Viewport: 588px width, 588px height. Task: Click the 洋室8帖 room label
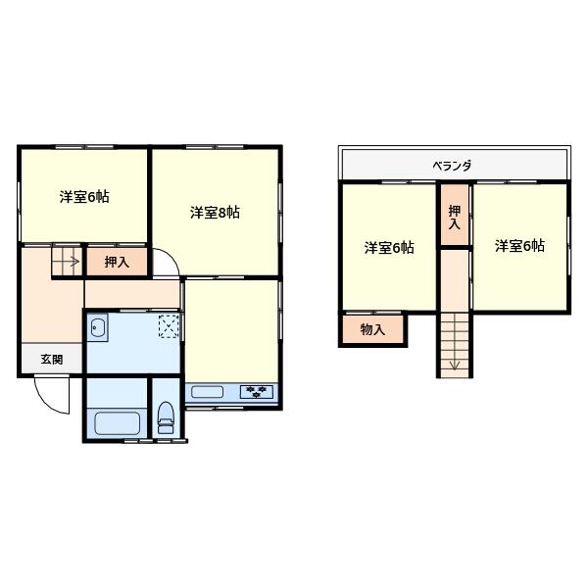pyautogui.click(x=216, y=212)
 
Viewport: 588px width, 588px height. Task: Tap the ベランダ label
pyautogui.click(x=452, y=166)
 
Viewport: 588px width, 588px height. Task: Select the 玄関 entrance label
pyautogui.click(x=51, y=360)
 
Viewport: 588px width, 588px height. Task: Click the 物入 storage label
pyautogui.click(x=372, y=330)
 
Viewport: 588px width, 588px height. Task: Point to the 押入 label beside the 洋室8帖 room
pyautogui.click(x=117, y=262)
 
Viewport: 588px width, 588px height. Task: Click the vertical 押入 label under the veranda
pyautogui.click(x=454, y=217)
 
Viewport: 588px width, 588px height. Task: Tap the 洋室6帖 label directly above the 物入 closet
pyautogui.click(x=389, y=247)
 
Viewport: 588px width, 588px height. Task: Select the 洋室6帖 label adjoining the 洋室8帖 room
pyautogui.click(x=83, y=196)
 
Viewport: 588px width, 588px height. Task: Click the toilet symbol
pyautogui.click(x=166, y=417)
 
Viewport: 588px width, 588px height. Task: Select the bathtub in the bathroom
pyautogui.click(x=117, y=424)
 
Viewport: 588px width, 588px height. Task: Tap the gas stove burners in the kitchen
pyautogui.click(x=258, y=393)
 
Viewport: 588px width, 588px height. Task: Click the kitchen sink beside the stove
pyautogui.click(x=208, y=394)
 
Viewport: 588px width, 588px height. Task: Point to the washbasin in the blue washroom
pyautogui.click(x=99, y=330)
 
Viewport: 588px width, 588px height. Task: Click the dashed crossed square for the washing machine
pyautogui.click(x=169, y=326)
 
